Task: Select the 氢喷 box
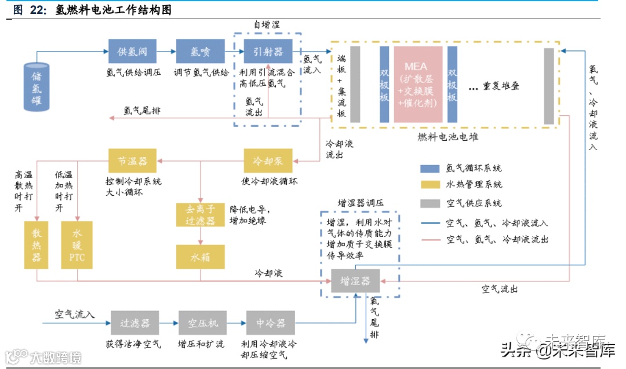coord(200,51)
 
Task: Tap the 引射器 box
coord(268,51)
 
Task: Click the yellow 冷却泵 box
coord(268,160)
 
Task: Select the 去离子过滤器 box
coord(200,215)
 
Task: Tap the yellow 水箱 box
coord(200,257)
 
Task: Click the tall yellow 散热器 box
coord(37,244)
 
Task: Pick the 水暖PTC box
coord(77,244)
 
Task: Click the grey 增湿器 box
coord(355,281)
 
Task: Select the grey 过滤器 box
coord(134,323)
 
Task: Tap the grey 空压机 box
coord(202,323)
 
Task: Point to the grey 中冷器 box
coord(270,323)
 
